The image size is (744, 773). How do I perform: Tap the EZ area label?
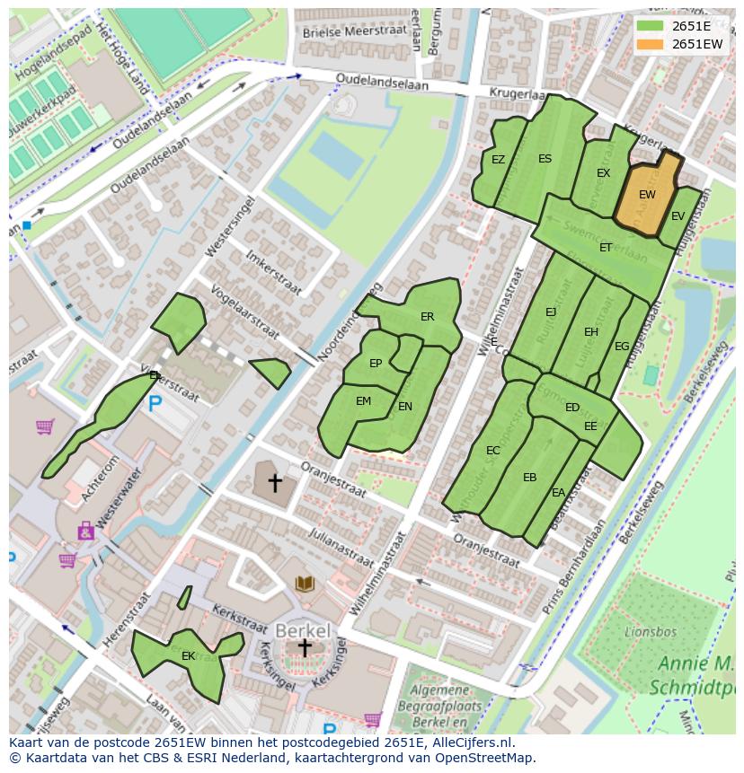[498, 160]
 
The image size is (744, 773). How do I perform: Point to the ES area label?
[545, 159]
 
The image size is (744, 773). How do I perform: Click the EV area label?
[678, 216]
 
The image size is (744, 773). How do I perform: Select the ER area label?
[427, 317]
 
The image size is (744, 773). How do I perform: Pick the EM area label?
[363, 401]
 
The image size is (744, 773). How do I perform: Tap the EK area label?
[189, 656]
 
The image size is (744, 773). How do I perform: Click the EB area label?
[529, 478]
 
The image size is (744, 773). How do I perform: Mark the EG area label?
[622, 347]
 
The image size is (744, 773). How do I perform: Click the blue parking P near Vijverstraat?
[155, 405]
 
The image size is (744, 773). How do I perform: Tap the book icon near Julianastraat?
[306, 584]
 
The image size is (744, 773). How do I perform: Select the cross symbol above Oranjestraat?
[275, 484]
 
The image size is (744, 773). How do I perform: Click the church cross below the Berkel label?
[306, 648]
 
